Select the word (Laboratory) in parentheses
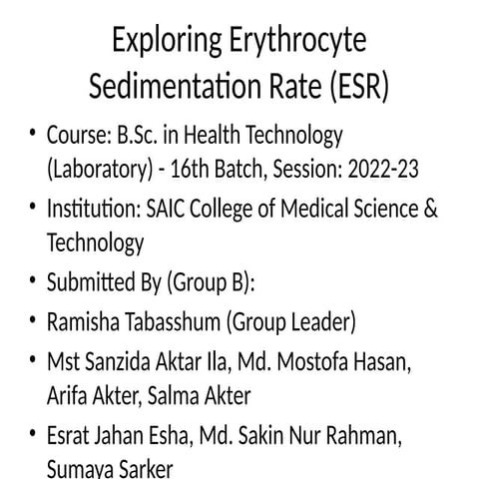coord(95,167)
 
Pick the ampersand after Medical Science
coord(429,210)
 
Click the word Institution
coord(91,210)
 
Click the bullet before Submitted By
coord(32,282)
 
